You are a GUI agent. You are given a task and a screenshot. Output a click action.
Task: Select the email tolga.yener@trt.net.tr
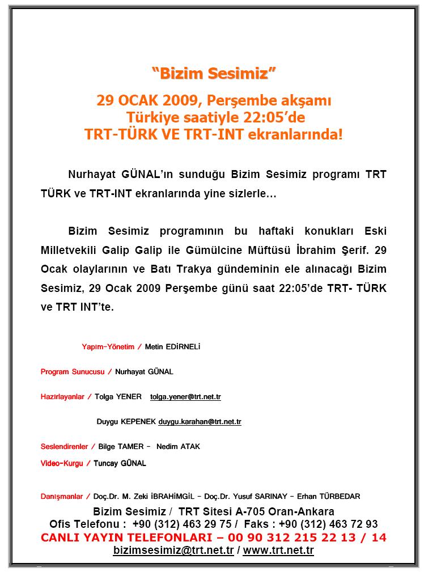[x=185, y=397]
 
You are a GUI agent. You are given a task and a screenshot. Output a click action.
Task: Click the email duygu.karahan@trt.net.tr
[x=200, y=422]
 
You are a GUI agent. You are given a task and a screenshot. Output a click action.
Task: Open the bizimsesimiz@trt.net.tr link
[x=173, y=550]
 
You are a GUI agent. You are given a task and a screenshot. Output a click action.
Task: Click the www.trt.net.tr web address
[x=278, y=550]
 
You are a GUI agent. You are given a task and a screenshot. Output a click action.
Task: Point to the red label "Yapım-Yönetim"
[x=108, y=346]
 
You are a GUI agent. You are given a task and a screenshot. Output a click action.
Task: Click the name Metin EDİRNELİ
[x=173, y=346]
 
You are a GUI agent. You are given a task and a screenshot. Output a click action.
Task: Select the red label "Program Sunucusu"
[x=72, y=372]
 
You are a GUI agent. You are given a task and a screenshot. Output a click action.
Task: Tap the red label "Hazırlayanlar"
[x=62, y=397]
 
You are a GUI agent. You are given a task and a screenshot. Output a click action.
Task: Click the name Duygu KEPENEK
[x=126, y=422]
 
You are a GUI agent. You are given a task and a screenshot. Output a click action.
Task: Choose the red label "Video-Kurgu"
[x=62, y=463]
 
